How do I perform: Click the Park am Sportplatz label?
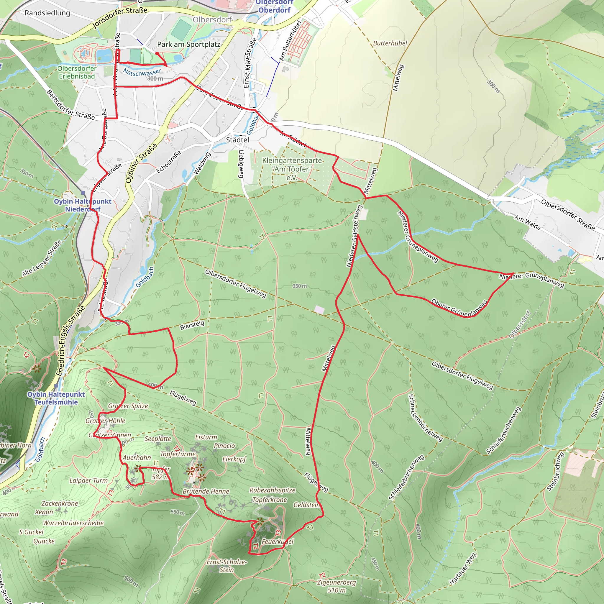point(188,45)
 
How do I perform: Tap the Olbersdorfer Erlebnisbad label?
point(77,72)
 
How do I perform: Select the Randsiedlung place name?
point(47,13)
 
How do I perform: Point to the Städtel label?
point(238,140)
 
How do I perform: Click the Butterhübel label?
point(390,43)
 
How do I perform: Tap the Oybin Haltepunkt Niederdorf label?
point(83,205)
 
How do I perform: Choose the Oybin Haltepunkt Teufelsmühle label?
point(56,398)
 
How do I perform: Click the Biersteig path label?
point(192,325)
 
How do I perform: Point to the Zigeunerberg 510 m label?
point(337,586)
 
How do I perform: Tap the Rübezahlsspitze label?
point(272,490)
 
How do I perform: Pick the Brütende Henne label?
point(206,491)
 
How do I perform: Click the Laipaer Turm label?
point(88,480)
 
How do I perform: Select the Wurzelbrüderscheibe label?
point(73,523)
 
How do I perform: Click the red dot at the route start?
point(157,53)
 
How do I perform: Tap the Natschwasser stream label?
point(142,72)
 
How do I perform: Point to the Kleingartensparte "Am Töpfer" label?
point(292,169)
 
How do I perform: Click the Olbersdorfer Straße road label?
point(568,215)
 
